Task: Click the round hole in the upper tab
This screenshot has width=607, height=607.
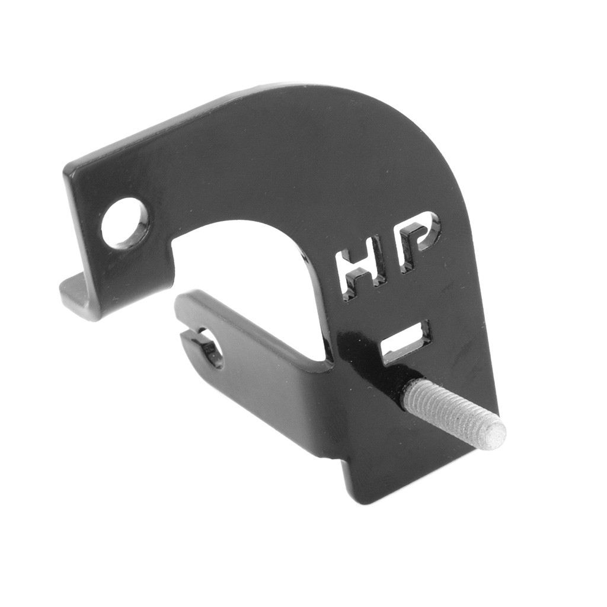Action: pos(124,223)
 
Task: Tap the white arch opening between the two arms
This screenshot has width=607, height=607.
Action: pos(249,261)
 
